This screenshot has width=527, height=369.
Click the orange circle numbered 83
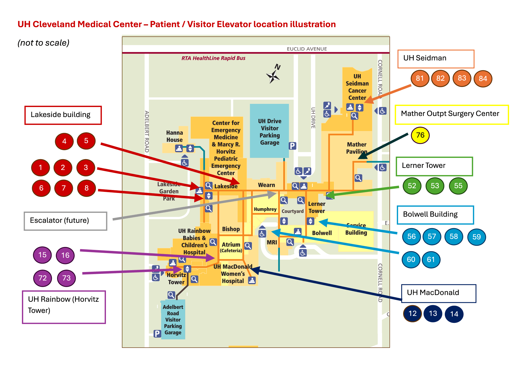click(462, 78)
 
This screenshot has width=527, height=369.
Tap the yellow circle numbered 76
click(420, 135)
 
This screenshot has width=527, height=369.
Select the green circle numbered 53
click(435, 186)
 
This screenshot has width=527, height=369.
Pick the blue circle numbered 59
click(476, 237)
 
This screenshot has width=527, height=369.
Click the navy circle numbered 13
click(433, 313)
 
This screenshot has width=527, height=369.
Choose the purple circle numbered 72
click(42, 278)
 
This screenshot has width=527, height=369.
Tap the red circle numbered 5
click(86, 141)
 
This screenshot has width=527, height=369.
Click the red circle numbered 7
click(64, 188)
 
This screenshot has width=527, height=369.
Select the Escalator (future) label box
click(65, 221)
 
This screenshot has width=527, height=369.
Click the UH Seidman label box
click(436, 59)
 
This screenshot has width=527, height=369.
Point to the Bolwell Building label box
click(435, 215)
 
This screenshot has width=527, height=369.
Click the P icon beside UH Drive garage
click(292, 146)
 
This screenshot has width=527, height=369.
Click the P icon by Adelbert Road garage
click(157, 334)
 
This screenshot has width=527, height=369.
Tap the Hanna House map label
click(174, 136)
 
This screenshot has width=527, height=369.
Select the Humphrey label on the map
click(265, 209)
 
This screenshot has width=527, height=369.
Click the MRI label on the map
click(272, 242)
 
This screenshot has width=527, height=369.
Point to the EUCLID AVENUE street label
click(307, 49)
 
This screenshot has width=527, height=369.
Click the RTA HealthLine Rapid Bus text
click(213, 58)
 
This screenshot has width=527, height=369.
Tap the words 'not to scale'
click(43, 43)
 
